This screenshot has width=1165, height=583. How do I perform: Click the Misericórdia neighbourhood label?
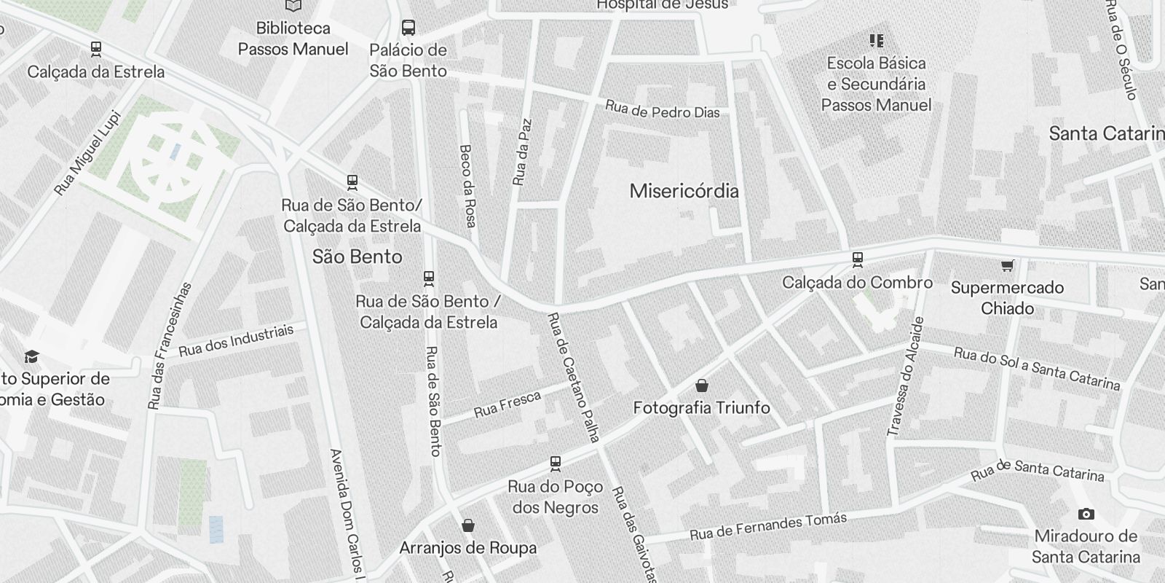(684, 191)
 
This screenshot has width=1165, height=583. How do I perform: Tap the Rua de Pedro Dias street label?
(662, 110)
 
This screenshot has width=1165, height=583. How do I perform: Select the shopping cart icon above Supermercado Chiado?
(1007, 266)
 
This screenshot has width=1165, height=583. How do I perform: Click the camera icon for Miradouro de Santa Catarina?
(1086, 514)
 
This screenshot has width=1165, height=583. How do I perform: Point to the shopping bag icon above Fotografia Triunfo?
(702, 386)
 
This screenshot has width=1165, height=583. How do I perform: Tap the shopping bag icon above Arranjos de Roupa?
(468, 525)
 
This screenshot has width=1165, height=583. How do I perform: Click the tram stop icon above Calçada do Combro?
(858, 259)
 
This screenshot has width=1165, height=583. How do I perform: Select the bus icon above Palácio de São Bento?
(408, 28)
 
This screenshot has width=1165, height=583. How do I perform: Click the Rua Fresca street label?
(508, 404)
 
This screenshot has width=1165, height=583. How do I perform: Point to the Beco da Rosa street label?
(467, 185)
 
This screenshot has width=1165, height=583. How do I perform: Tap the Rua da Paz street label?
(522, 152)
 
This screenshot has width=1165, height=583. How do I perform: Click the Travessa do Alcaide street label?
(905, 377)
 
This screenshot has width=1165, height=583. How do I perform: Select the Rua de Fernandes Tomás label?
(768, 527)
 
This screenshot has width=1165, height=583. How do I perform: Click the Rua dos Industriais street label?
(236, 340)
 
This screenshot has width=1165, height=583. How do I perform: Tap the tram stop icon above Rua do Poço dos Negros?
(556, 463)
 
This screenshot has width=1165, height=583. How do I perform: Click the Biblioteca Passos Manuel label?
(293, 39)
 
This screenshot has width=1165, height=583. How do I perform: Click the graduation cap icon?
(31, 356)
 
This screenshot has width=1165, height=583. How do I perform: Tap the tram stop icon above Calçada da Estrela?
(95, 50)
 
